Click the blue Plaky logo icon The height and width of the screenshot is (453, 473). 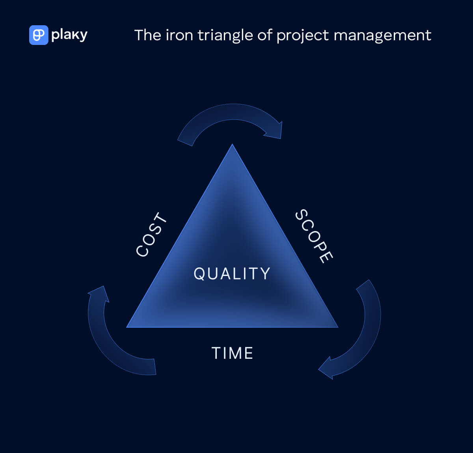pos(39,35)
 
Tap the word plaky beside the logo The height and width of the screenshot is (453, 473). pos(69,35)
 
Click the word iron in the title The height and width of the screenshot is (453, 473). pos(179,35)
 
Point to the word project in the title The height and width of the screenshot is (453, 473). pos(303,36)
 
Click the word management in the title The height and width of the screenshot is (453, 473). pos(382,36)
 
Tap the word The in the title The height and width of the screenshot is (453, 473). pos(148,35)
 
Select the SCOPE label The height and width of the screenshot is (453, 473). pos(314,236)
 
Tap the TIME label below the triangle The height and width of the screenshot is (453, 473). pos(233,353)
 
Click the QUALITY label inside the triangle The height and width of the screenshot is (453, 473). pos(232,274)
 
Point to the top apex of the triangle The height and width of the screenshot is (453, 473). pos(232,144)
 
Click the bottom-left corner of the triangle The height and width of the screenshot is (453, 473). pos(127,327)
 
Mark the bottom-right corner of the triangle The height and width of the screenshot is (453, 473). pos(338,327)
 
